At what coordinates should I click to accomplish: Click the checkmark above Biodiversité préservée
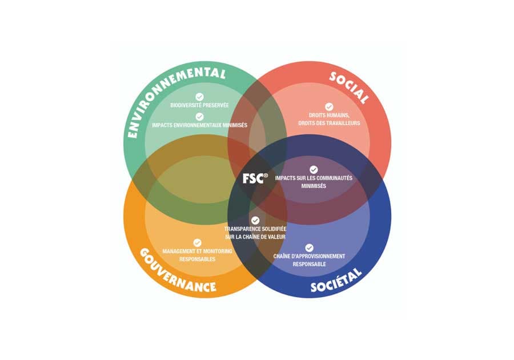[x=199, y=97]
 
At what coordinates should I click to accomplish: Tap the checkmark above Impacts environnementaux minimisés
[x=199, y=117]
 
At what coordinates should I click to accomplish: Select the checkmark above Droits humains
[x=329, y=107]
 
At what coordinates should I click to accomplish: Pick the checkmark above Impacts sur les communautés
[x=314, y=170]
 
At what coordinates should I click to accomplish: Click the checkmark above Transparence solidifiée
[x=255, y=221]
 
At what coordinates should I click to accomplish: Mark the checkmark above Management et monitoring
[x=197, y=243]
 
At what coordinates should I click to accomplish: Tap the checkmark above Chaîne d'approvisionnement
[x=309, y=247]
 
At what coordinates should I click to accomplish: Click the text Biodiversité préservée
[x=199, y=105]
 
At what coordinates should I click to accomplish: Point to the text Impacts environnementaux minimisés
[x=199, y=125]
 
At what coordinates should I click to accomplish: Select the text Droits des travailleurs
[x=329, y=123]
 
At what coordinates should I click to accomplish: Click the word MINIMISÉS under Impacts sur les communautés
[x=314, y=186]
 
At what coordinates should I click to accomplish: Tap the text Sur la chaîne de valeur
[x=255, y=237]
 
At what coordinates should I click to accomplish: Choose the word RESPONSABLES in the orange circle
[x=198, y=259]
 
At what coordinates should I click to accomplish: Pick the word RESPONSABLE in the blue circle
[x=309, y=264]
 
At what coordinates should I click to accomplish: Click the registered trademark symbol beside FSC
[x=266, y=175]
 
